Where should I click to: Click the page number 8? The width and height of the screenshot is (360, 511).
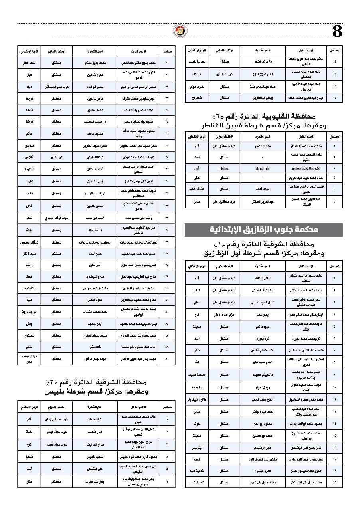(337, 31)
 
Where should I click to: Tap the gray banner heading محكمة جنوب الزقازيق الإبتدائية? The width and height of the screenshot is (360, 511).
(263, 230)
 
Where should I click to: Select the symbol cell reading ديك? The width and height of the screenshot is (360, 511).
(29, 87)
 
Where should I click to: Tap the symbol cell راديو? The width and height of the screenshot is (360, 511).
(29, 265)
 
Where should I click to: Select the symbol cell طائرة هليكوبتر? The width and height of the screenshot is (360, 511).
(197, 399)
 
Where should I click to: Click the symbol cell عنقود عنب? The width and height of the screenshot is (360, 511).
(197, 482)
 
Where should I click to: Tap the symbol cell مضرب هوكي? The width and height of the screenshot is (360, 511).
(197, 86)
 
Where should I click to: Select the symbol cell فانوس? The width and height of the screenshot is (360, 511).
(29, 157)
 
